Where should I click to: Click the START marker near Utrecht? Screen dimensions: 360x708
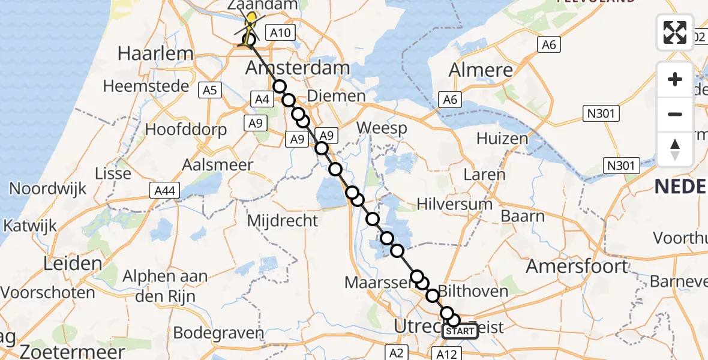point(460,331)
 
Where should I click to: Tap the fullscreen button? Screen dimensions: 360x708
point(675,32)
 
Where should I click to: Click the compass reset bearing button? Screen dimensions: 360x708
point(675,149)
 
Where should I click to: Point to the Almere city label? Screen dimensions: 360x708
point(481,70)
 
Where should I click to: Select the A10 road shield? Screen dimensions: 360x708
point(279,34)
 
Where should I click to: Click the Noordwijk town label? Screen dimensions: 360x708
point(47,188)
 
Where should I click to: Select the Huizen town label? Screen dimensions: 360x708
point(502,139)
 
